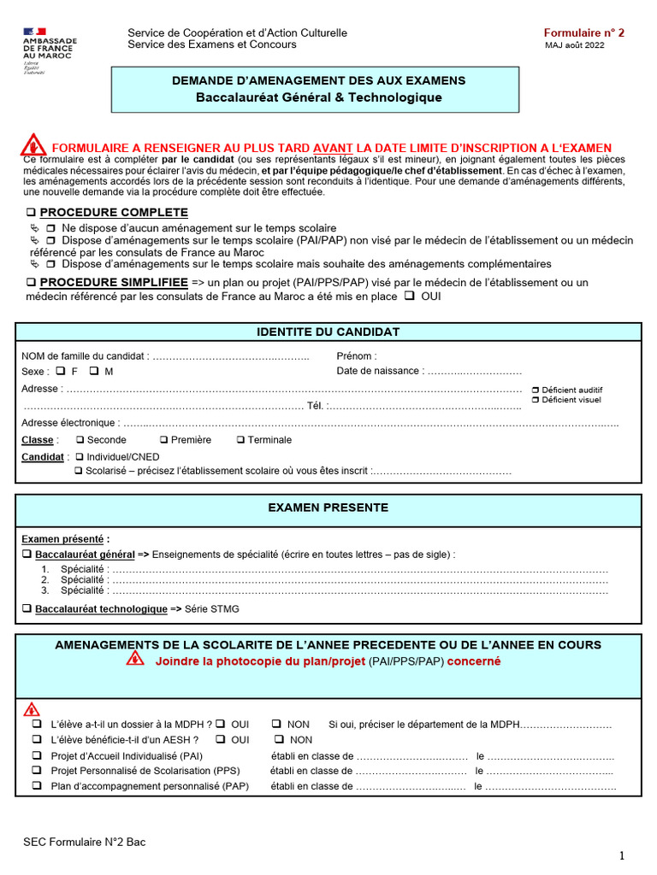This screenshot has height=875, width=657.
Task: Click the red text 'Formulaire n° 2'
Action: pos(584,33)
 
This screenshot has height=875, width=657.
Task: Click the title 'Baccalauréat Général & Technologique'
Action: pos(319,97)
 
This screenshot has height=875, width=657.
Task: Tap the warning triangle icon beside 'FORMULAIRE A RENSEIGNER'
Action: pos(33,144)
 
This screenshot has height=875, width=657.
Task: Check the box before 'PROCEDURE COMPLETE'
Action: pos(31,213)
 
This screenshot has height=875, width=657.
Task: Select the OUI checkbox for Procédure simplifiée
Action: pos(409,297)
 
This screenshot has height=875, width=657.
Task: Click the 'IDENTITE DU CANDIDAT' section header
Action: pos(328,332)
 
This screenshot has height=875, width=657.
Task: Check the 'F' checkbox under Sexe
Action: pos(61,372)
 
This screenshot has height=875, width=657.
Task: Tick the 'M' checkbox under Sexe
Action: pos(94,372)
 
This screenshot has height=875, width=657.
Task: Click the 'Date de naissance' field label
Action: pos(379,371)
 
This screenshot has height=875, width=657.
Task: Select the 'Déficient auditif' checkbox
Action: pos(535,390)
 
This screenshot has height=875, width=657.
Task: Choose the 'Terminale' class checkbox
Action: pos(240,440)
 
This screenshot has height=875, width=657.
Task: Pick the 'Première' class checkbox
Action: pos(164,440)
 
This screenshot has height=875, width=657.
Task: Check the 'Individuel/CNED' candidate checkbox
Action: pos(80,457)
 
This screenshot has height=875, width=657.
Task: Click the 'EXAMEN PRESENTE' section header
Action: pos(328,508)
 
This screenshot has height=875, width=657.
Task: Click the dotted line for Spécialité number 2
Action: pos(359,580)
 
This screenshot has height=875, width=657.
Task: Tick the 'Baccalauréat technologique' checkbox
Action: pos(27,609)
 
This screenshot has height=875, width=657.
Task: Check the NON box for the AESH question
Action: pos(279,740)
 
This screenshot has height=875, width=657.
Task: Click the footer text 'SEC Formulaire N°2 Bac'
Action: pos(85,843)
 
